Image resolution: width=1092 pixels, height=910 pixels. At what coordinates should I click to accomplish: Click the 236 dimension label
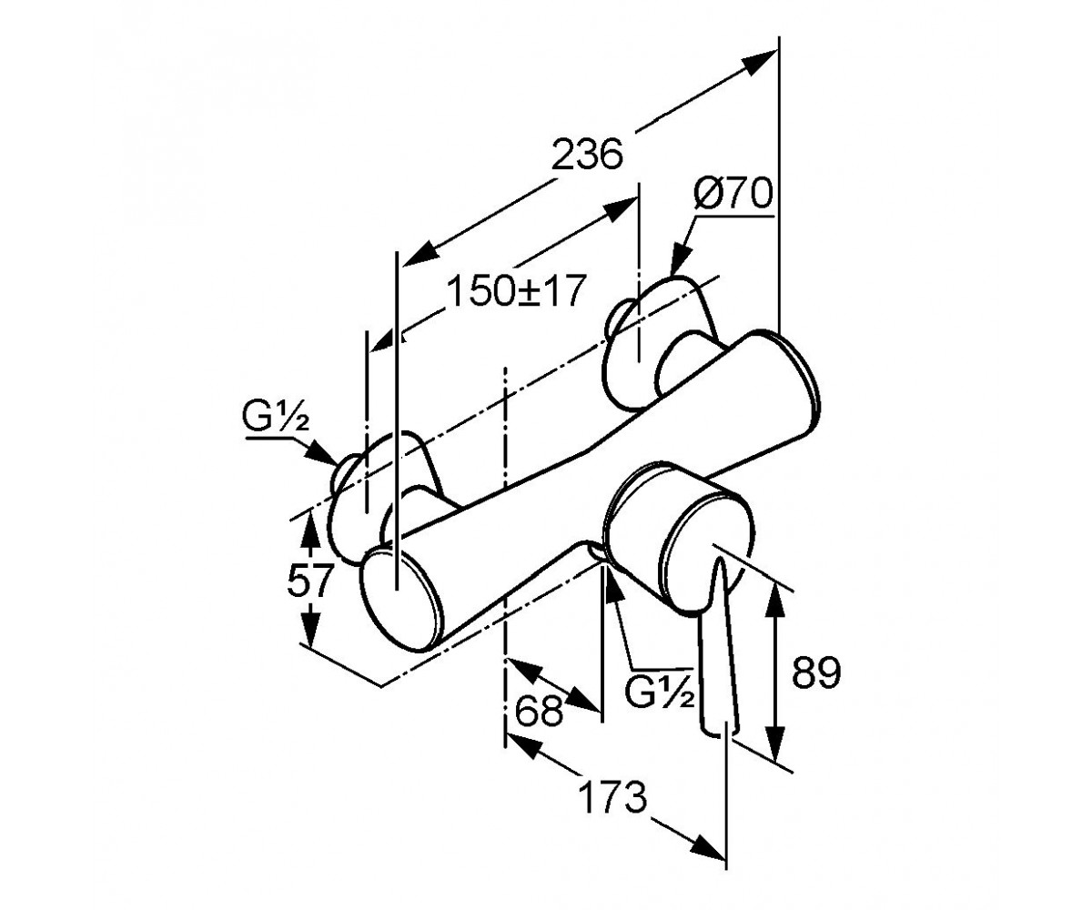click(x=587, y=155)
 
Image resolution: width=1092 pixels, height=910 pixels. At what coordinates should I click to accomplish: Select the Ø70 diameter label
click(x=733, y=192)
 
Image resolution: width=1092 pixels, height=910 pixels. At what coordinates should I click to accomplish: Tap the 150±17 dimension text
click(x=515, y=291)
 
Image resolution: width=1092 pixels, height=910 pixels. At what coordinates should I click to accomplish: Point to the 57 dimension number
click(x=310, y=580)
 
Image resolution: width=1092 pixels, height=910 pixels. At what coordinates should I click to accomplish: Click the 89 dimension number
click(x=816, y=672)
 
